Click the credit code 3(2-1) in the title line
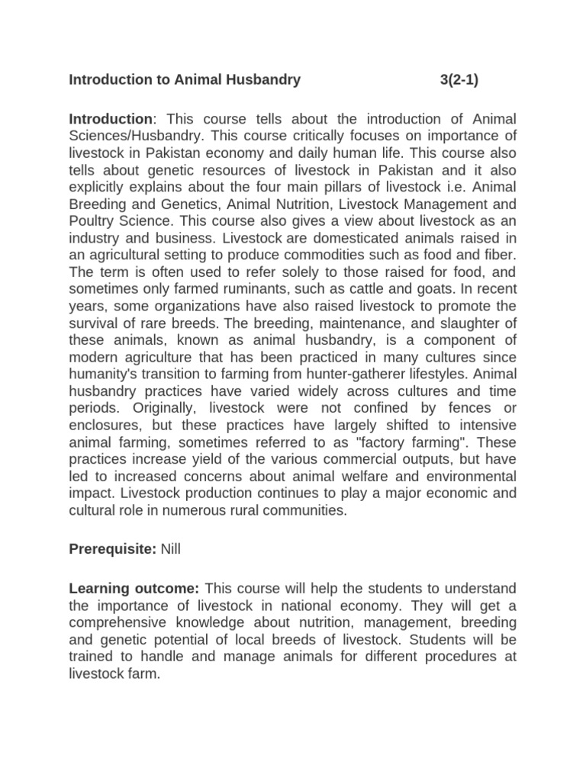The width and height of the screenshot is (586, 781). coord(459,79)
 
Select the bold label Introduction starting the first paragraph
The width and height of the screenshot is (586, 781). coord(111,119)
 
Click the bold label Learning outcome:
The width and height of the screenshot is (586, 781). coord(134,589)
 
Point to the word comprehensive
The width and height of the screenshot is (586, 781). coord(119,622)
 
